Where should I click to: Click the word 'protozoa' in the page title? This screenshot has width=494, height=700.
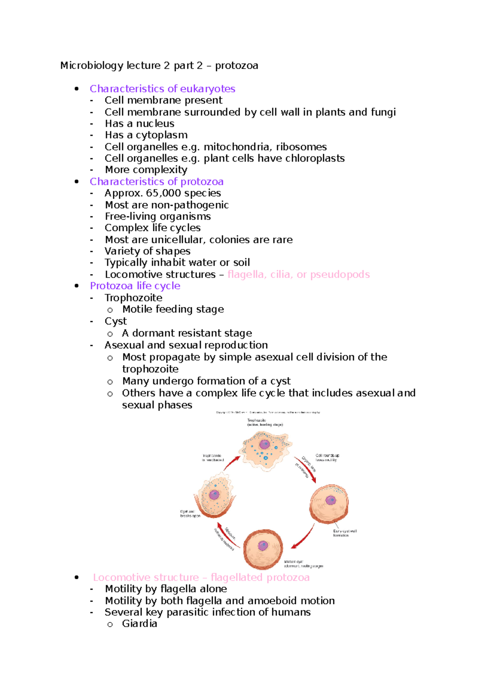click(x=236, y=66)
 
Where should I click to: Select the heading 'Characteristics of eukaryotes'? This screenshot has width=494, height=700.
click(x=162, y=89)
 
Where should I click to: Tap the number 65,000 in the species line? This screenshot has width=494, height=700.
click(x=163, y=193)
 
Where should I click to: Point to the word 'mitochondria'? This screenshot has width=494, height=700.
click(x=237, y=147)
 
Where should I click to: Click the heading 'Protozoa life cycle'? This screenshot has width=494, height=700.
click(x=135, y=286)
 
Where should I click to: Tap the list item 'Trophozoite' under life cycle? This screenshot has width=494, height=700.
click(x=133, y=298)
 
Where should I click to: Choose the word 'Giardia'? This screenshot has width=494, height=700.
click(x=140, y=623)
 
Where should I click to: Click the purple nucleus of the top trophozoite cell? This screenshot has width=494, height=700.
click(x=264, y=445)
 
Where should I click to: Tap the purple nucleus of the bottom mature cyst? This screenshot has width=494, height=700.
click(x=263, y=546)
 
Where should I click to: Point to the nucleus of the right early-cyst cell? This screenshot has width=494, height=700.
click(x=331, y=500)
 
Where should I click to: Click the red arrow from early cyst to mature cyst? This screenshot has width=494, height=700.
click(x=303, y=537)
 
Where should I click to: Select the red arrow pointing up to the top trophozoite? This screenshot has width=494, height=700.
click(x=232, y=463)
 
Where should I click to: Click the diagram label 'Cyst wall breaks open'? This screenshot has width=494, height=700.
click(x=190, y=514)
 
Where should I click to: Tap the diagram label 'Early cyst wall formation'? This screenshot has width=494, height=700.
click(x=345, y=533)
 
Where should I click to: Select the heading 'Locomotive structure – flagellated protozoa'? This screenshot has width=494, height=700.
click(x=201, y=577)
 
